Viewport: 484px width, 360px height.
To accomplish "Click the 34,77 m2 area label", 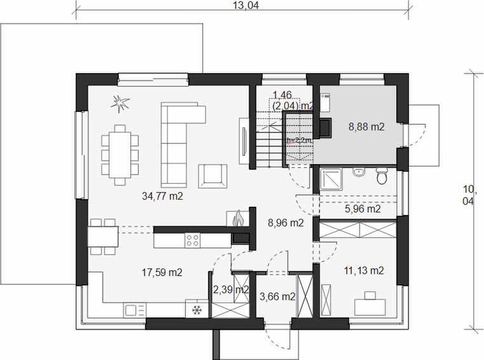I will [162, 197].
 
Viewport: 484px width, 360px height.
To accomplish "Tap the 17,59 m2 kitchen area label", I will [162, 272].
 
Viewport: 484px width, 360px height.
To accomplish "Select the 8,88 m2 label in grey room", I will [366, 127].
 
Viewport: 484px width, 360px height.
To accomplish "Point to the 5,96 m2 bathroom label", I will [362, 208].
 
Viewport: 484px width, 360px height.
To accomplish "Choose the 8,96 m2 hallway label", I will [284, 223].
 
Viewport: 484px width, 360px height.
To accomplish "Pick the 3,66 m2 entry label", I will [279, 296].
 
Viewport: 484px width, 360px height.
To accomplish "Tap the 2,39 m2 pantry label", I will [230, 289].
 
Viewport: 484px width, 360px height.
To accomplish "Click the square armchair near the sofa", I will [211, 174].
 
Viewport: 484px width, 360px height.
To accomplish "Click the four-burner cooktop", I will [193, 240].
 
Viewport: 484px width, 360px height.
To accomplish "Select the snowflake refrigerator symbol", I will [197, 310].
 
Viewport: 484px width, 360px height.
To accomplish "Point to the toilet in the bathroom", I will [382, 176].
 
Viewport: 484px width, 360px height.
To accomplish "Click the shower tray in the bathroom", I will [331, 179].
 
